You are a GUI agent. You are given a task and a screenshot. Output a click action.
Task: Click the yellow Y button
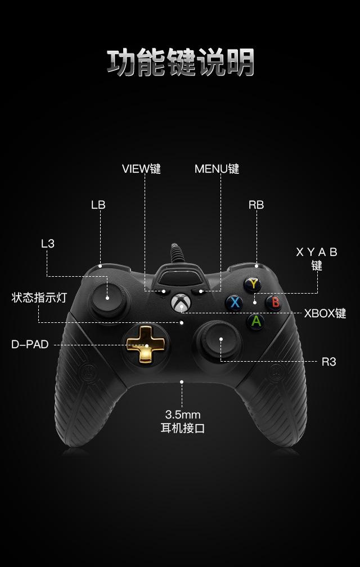coord(254,284)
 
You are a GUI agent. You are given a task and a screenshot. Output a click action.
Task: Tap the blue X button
coord(235,303)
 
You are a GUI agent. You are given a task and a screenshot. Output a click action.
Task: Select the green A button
coord(256,321)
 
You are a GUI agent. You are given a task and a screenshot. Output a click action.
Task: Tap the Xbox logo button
coord(180,303)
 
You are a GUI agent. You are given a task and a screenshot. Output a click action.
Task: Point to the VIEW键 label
coord(141,169)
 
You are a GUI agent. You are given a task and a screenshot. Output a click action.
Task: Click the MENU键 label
coord(217,169)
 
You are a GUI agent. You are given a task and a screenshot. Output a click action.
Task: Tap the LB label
coord(98,205)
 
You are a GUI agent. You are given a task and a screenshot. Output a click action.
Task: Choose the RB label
coord(256,205)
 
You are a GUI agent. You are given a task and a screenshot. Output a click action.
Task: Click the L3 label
coord(48,244)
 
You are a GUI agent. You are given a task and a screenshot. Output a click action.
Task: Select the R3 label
coord(328,362)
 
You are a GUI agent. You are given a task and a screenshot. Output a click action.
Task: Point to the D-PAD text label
coord(30,344)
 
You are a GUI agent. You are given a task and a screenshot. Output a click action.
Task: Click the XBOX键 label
coord(325,313)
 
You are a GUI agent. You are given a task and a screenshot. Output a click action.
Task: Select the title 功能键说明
coord(181,62)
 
